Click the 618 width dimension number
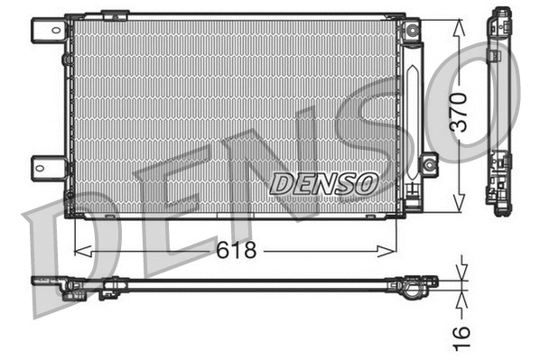click(237, 251)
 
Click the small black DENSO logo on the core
click(322, 182)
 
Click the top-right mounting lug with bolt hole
click(412, 31)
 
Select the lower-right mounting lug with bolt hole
click(428, 164)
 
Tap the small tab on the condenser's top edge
click(115, 15)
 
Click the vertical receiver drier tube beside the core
click(413, 108)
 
